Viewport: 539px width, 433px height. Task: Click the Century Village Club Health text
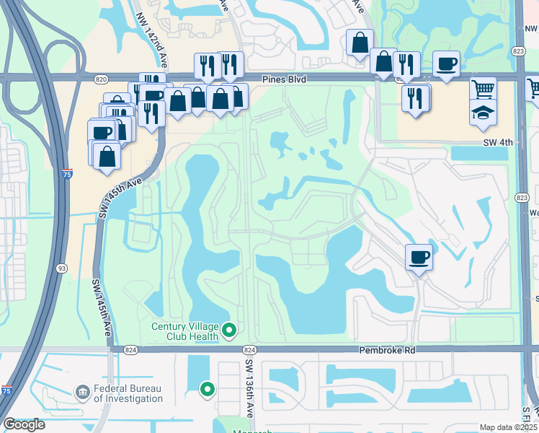coord(184,331)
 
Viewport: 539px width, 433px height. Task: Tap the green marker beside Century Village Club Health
coord(230,331)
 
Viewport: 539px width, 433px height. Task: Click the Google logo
coord(24,424)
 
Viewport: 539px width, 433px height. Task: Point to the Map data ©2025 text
coord(507,427)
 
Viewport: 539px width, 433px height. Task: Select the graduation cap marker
coord(483,113)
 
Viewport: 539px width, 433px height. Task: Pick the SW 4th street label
coord(498,143)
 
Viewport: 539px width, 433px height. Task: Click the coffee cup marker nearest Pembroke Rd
coord(419,256)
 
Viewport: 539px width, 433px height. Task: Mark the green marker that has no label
coord(208,390)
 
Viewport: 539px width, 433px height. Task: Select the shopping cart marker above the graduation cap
coord(483,89)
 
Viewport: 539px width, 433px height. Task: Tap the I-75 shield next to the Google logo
coord(6,390)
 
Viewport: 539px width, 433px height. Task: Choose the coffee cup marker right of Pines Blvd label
coord(446,64)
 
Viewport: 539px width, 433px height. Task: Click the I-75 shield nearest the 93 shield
coord(67,174)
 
